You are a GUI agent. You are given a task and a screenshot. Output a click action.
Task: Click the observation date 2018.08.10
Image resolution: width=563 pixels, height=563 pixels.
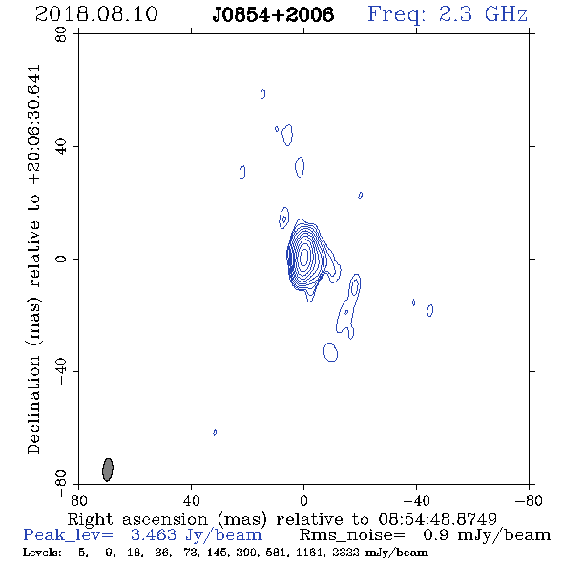[x=96, y=14]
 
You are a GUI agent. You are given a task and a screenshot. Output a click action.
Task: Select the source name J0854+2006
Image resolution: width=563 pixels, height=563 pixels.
[x=273, y=14]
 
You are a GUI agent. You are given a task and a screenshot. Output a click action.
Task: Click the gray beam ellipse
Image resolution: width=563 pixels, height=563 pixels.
[x=108, y=469]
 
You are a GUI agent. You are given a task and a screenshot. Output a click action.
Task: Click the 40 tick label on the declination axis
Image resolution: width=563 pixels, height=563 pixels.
[x=61, y=147]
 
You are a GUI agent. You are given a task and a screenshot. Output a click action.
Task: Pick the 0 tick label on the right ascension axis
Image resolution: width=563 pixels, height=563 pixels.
[x=303, y=500]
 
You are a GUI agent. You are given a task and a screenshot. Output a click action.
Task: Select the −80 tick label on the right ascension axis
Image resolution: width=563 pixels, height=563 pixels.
[x=528, y=500]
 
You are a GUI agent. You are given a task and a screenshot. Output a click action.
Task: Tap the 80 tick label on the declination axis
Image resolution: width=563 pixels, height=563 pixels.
[x=61, y=34]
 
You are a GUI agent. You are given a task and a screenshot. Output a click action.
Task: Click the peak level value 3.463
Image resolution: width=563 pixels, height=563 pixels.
[x=154, y=535]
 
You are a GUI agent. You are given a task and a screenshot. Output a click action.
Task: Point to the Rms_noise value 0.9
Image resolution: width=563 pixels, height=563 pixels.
[x=435, y=535]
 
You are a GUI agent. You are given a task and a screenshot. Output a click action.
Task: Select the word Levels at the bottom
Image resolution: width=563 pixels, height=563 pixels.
[x=42, y=553]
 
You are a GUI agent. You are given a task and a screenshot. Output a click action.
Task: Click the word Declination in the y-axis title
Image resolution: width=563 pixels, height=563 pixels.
[x=33, y=405]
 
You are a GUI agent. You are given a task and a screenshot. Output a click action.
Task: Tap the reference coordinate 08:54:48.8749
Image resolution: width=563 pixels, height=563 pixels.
[x=437, y=519]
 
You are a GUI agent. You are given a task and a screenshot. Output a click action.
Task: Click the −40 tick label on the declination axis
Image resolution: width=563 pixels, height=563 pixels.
[x=61, y=371]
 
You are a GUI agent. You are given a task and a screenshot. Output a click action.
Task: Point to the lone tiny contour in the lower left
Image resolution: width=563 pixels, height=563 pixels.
[x=215, y=432]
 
